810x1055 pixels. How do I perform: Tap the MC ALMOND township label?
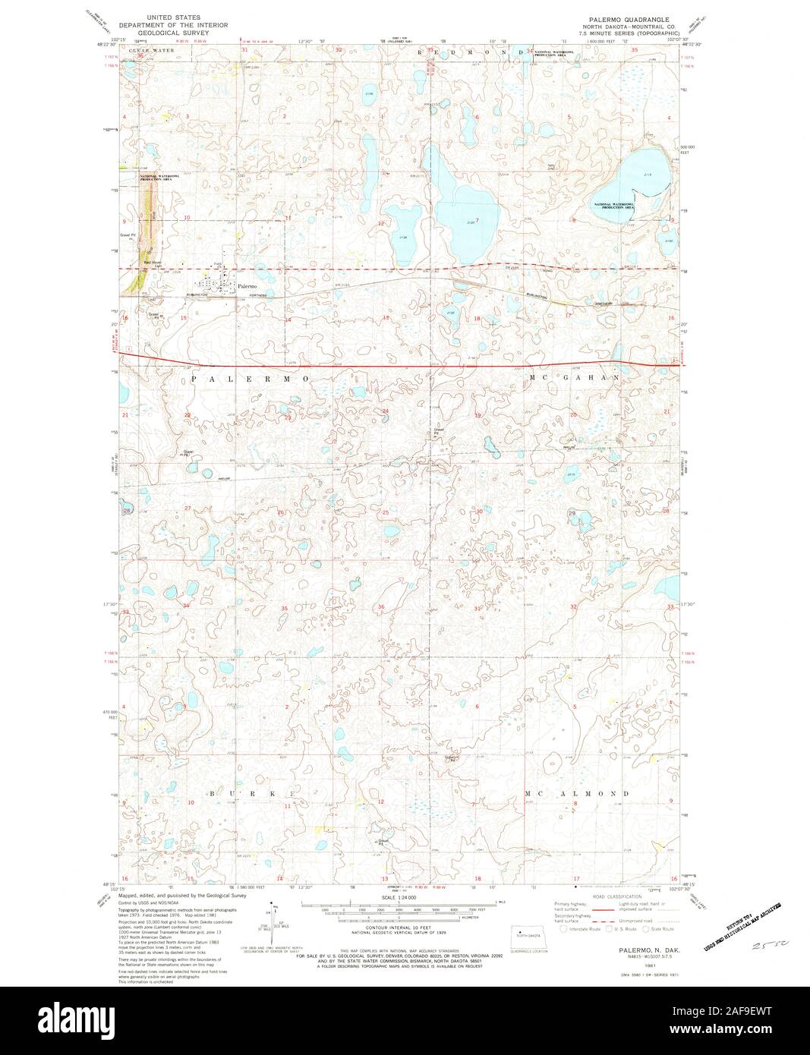pos(578,793)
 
